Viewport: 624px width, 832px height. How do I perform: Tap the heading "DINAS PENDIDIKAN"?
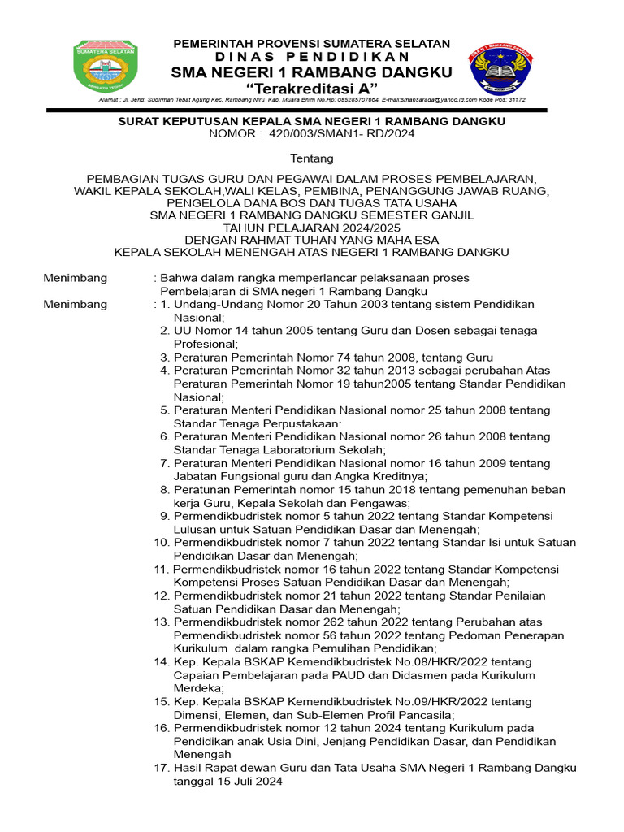(x=312, y=57)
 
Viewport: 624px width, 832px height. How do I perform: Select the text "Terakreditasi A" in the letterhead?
(x=312, y=88)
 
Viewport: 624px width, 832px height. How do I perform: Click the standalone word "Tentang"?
(x=312, y=158)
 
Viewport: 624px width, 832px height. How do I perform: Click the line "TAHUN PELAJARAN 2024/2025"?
(x=312, y=227)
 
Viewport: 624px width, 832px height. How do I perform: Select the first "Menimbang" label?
(x=75, y=278)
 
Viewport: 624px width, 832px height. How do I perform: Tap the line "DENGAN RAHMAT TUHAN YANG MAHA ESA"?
(x=312, y=240)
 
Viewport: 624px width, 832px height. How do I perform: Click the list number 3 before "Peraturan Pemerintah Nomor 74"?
(x=164, y=357)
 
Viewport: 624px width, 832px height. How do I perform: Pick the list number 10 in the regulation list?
(x=161, y=542)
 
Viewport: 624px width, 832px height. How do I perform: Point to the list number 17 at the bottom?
(x=161, y=768)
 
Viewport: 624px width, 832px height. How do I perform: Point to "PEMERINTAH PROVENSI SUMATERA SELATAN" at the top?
(x=312, y=43)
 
